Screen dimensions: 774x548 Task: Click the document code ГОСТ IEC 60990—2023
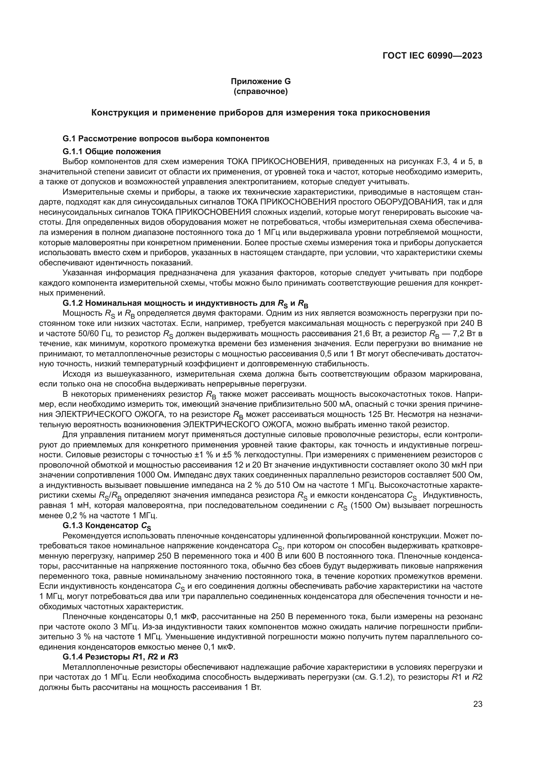[432, 56]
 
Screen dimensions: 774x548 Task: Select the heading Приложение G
[260, 81]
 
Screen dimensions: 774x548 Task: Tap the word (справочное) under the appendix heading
[260, 91]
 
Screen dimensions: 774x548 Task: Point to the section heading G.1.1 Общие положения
[112, 151]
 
